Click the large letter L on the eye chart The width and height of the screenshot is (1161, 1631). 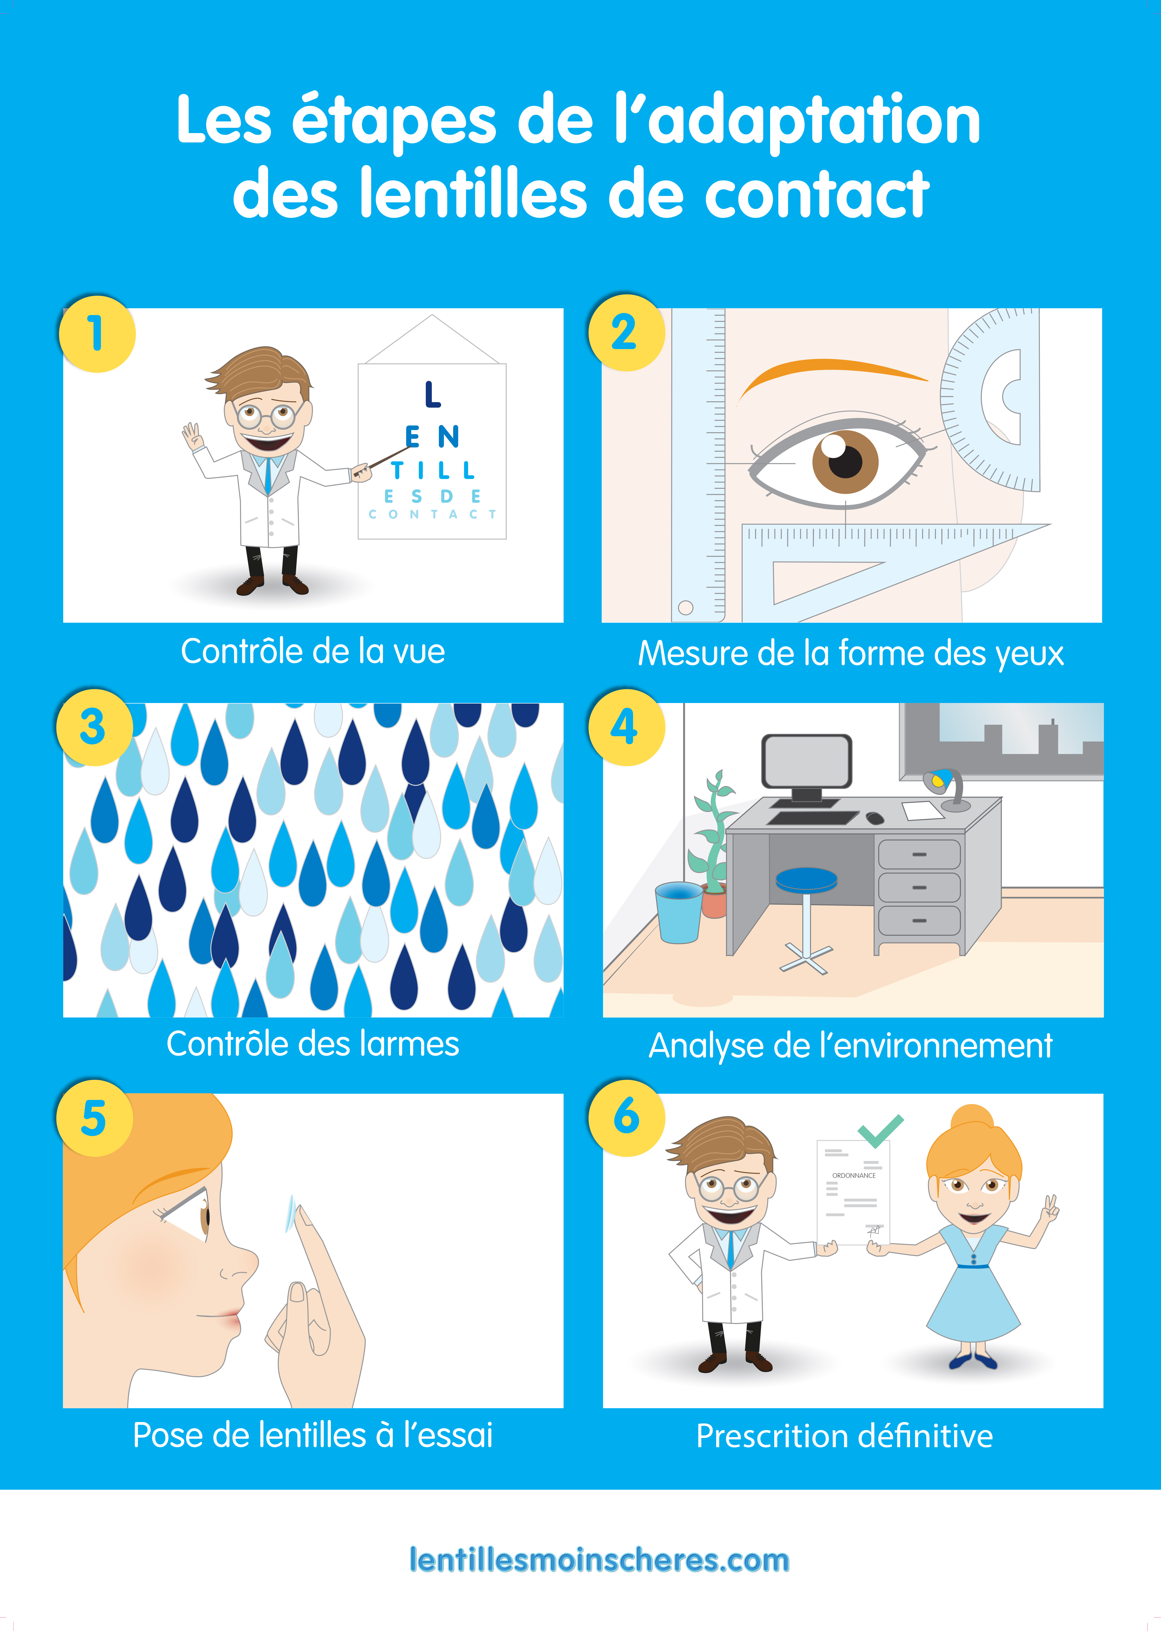(432, 395)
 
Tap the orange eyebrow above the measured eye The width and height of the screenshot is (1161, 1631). (829, 373)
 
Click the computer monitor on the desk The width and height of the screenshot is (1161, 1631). (806, 762)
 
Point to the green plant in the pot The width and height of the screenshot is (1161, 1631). (711, 837)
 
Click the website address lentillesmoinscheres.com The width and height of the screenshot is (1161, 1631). (599, 1559)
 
